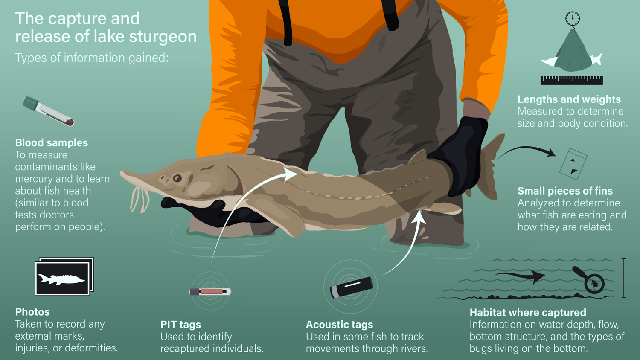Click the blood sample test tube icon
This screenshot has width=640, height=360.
click(48, 111)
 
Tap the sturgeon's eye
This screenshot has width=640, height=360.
click(177, 178)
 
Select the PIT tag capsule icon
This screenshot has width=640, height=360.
click(210, 292)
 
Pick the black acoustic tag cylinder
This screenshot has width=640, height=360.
click(352, 287)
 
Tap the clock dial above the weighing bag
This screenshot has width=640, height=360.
click(572, 18)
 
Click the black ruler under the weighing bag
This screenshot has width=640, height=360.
click(571, 80)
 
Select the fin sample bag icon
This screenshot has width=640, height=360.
click(573, 164)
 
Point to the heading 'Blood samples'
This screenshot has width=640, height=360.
click(52, 143)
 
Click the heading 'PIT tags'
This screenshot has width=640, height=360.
click(180, 325)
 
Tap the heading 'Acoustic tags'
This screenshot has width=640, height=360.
click(339, 325)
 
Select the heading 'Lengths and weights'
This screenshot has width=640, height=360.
click(569, 99)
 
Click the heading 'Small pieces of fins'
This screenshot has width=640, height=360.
click(565, 191)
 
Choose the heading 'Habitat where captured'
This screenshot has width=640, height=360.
click(528, 313)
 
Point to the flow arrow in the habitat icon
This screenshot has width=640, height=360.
click(521, 276)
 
